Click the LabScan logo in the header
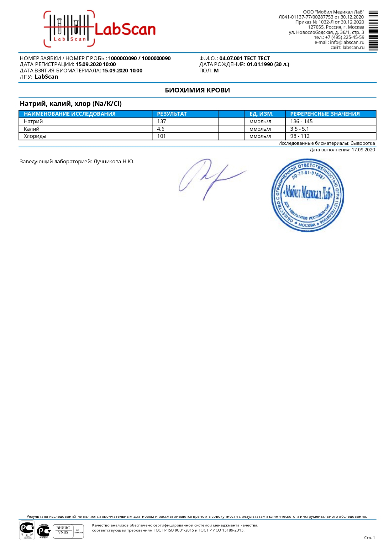100,29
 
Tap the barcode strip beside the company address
373,31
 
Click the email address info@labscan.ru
347,42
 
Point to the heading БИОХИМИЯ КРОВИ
197,90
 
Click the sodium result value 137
161,121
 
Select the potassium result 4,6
160,129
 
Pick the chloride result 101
161,136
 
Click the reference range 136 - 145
301,121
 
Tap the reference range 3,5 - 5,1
299,129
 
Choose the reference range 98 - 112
300,136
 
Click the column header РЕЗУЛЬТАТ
172,114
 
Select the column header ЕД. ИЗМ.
261,114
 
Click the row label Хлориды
35,136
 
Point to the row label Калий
32,129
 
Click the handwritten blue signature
208,177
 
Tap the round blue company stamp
308,195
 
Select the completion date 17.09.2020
363,150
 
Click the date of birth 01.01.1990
260,64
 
